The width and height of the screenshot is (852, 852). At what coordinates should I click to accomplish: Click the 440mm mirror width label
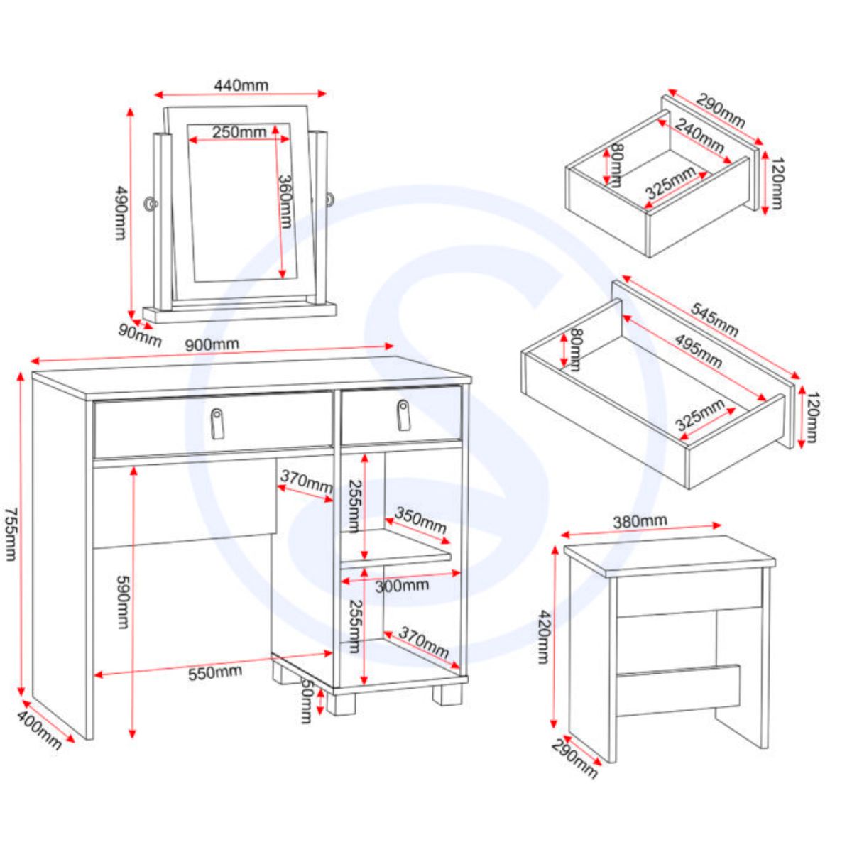point(241,85)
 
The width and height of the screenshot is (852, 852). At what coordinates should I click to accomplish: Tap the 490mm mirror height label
point(121,213)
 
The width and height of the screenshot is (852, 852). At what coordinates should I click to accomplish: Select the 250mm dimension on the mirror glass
point(239,132)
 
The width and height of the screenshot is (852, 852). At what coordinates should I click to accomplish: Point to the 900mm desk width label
point(212,344)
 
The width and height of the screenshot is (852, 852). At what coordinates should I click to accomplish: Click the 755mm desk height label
point(11,535)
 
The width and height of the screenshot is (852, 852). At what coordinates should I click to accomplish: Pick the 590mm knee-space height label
point(122,602)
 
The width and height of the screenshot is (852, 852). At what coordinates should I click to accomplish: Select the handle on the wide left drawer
point(217,424)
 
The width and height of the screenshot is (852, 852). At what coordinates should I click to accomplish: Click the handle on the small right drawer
point(403,415)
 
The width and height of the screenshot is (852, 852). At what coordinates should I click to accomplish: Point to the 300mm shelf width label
point(402,586)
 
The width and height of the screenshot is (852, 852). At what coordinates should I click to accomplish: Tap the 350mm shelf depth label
point(420,520)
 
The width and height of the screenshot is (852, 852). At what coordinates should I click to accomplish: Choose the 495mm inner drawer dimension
point(699,351)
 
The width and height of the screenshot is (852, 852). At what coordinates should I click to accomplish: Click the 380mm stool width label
point(640,521)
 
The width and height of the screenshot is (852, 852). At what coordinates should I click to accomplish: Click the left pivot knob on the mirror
point(151,204)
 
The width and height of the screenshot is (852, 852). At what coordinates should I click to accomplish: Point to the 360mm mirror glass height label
point(285,202)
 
